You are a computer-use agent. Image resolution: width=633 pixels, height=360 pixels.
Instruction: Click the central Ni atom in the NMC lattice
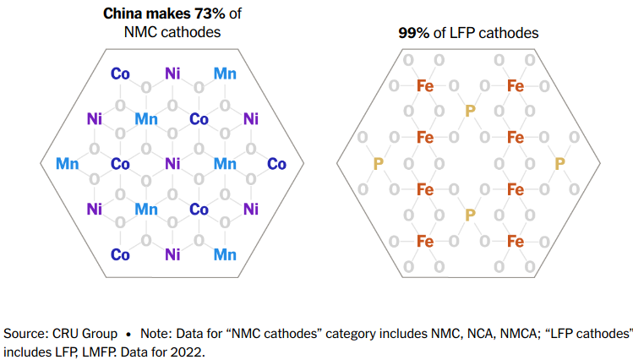[x=172, y=163]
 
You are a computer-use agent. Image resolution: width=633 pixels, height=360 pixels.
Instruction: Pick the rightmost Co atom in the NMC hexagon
[x=277, y=163]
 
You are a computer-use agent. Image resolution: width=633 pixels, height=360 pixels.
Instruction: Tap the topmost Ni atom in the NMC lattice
[x=172, y=73]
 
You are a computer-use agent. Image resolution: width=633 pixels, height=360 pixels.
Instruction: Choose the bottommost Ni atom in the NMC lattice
[x=172, y=254]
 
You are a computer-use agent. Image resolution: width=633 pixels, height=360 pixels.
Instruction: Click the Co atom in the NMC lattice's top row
[x=120, y=73]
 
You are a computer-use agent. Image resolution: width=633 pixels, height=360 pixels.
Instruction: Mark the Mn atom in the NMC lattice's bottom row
[x=225, y=254]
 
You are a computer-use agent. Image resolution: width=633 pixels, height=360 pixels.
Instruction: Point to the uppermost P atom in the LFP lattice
[x=470, y=111]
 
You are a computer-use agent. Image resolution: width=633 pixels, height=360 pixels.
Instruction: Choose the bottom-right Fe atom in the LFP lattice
[x=515, y=242]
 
